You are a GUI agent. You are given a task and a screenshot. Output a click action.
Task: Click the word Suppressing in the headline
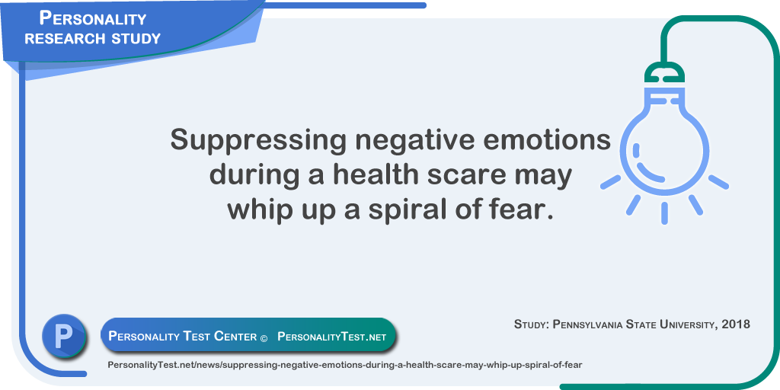[x=258, y=141]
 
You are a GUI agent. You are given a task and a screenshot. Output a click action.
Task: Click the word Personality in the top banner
[x=93, y=18]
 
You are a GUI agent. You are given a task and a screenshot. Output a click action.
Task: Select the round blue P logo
[x=64, y=336]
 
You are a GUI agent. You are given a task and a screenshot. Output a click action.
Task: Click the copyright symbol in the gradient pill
[x=264, y=337]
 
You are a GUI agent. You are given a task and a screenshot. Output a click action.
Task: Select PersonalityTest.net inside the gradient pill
[x=332, y=337]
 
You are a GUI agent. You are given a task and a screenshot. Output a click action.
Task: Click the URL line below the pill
[x=345, y=365]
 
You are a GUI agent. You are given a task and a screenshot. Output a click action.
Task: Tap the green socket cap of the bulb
[x=664, y=72]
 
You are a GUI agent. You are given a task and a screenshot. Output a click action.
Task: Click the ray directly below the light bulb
[x=664, y=213]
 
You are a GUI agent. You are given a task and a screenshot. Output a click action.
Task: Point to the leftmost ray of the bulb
[x=610, y=182]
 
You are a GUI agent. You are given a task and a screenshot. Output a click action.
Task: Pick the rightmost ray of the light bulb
[x=718, y=182]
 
